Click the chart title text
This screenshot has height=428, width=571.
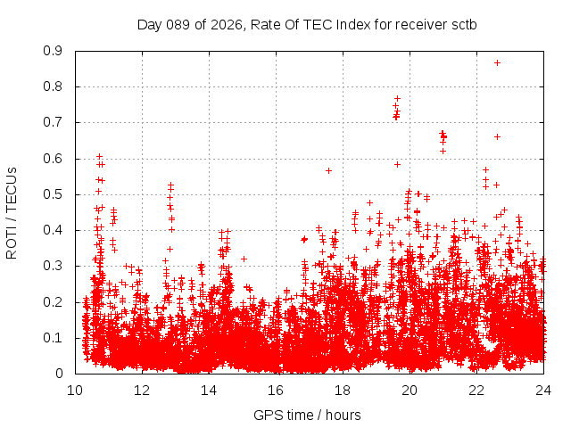coord(307,24)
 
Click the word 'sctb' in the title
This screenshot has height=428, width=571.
coord(463,24)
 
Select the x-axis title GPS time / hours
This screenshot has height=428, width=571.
coord(307,415)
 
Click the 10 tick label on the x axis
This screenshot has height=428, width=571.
coord(75,390)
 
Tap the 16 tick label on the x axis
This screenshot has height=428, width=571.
coord(276,390)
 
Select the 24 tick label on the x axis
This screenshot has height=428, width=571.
coord(543,390)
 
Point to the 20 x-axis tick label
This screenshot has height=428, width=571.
coord(410,390)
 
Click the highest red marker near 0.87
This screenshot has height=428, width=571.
coord(497,62)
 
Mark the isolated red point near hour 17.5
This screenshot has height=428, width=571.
coord(328,170)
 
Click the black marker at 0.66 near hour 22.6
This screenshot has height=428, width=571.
coord(497,136)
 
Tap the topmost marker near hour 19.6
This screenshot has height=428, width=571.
coord(397,98)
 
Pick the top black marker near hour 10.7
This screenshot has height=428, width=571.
coord(99,156)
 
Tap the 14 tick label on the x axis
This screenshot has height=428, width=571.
coord(209,390)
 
